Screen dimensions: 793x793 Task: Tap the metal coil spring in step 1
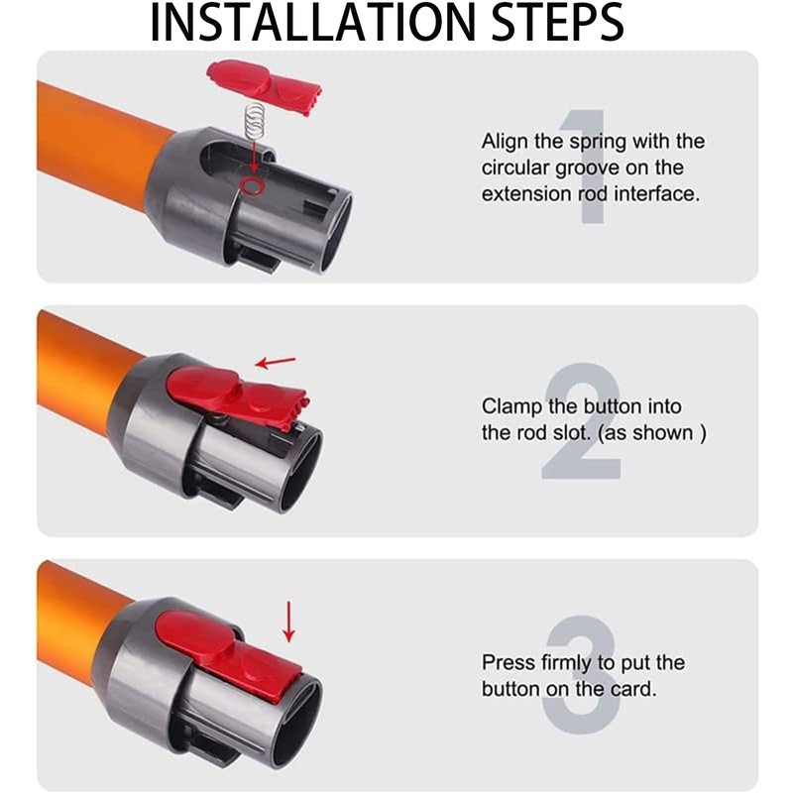click(256, 120)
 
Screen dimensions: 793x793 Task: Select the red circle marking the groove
click(252, 185)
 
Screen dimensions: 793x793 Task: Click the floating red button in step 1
click(263, 86)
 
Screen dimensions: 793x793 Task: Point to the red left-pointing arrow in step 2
click(276, 362)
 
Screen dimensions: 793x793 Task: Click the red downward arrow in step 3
click(288, 622)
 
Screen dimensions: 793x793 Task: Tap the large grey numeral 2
click(582, 420)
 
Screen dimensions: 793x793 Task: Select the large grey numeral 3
click(582, 675)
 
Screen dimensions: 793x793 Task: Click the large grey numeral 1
click(589, 167)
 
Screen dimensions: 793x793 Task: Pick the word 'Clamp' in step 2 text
click(511, 407)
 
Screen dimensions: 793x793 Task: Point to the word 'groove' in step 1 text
click(587, 169)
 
